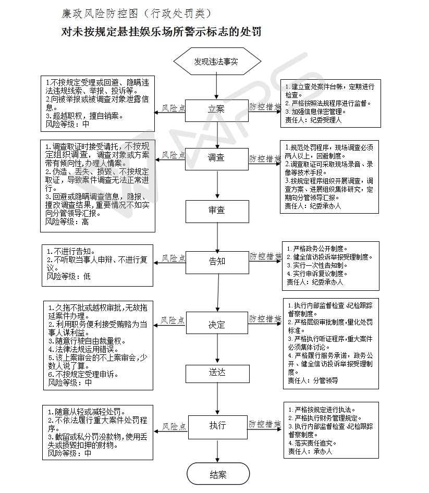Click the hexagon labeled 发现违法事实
pos(216,61)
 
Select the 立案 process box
pos(217,109)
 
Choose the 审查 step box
pos(217,211)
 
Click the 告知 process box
pos(217,261)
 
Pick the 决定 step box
pos(217,324)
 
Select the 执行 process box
pos(217,425)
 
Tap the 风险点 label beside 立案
pos(173,107)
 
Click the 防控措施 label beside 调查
pos(265,158)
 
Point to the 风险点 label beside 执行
pos(173,426)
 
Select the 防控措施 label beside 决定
pos(265,318)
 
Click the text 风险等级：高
pos(67,221)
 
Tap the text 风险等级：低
pos(69,276)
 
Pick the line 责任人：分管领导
pos(313,380)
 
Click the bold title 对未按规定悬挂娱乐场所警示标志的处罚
pos(161,32)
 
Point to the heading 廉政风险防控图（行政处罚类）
pos(137,13)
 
